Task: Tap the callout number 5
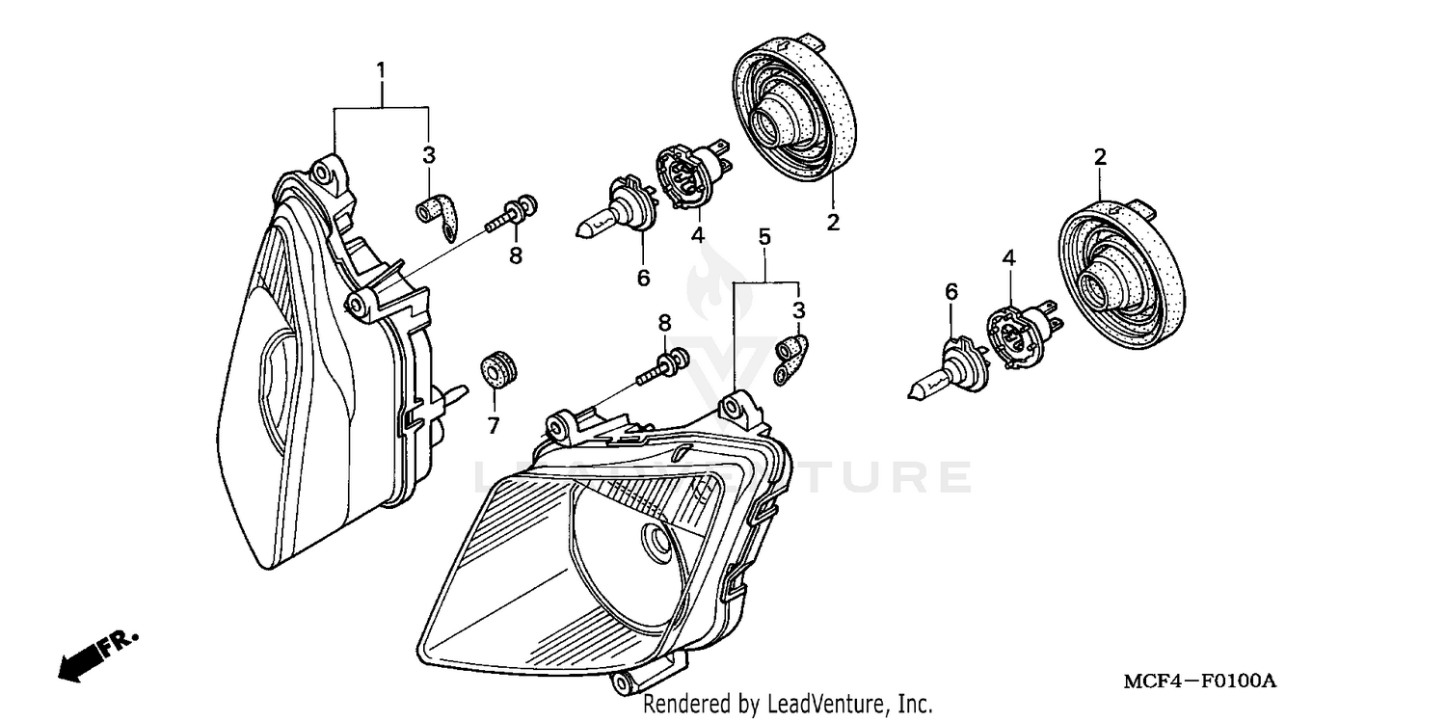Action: [764, 236]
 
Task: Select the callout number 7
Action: [494, 425]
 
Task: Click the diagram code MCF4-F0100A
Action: [1198, 682]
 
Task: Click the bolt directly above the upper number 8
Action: [511, 212]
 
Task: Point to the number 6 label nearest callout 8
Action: [643, 278]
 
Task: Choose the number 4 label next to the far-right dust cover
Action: [1008, 258]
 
